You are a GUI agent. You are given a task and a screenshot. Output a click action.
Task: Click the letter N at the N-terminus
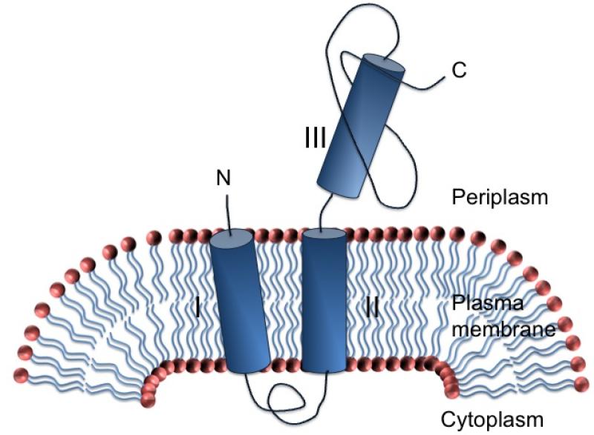(x=221, y=178)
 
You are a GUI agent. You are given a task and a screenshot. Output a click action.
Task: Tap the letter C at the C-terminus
(x=459, y=71)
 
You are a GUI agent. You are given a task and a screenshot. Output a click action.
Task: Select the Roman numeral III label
(x=315, y=137)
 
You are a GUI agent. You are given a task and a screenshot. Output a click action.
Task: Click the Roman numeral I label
(x=197, y=307)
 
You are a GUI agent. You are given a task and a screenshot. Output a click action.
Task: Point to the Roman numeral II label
(x=372, y=307)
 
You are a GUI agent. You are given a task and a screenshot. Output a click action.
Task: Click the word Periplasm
(x=500, y=198)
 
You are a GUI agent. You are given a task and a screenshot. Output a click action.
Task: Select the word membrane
(x=504, y=328)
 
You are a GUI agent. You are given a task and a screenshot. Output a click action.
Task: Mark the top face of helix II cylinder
(x=324, y=236)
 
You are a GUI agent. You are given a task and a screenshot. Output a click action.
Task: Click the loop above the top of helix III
(x=364, y=22)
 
